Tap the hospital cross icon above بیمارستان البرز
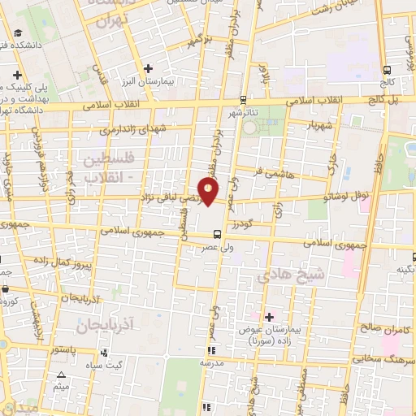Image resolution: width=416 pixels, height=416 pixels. (x=147, y=68)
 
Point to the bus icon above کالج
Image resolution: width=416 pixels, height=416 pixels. (x=387, y=70)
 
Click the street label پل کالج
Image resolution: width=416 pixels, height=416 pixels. (x=383, y=98)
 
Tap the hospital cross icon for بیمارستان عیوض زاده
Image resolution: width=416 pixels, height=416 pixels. (x=270, y=315)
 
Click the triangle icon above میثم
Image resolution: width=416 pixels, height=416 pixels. (x=63, y=375)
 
